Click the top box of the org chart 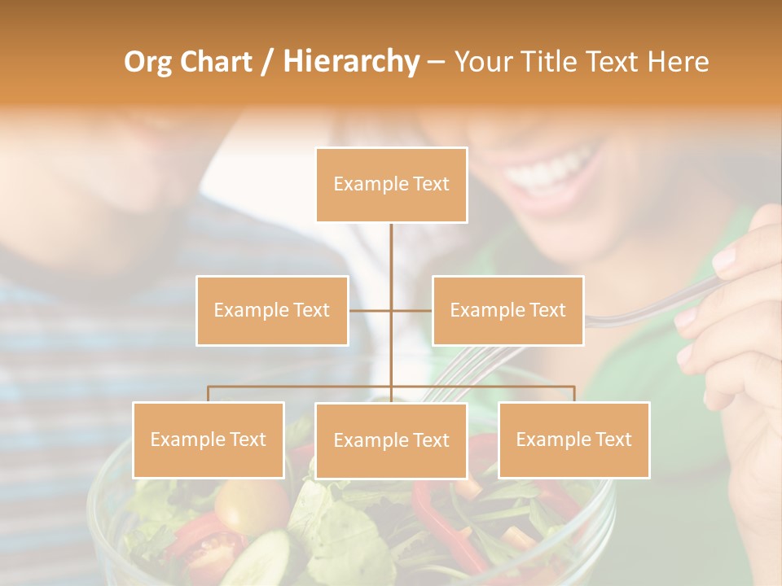point(391,185)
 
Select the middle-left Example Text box point(272,310)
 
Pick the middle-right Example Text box point(507,310)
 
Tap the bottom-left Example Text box point(209,439)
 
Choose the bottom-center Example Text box point(391,440)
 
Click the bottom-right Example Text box point(573,439)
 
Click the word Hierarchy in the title point(351,62)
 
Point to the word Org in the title point(147,62)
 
